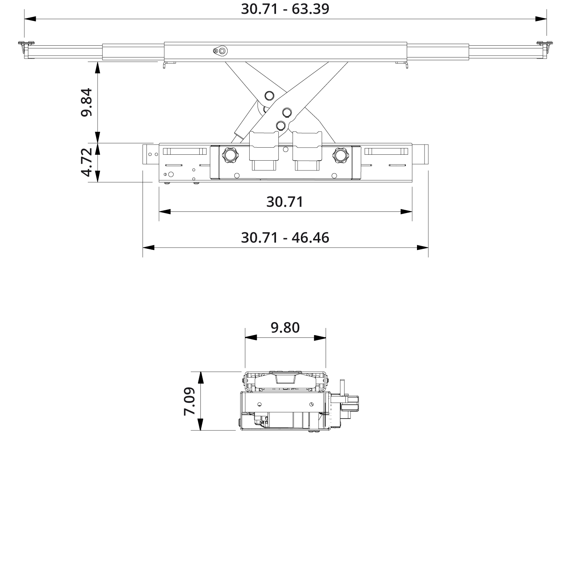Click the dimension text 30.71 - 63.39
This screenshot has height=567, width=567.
click(285, 9)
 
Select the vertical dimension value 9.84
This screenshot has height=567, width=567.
click(87, 102)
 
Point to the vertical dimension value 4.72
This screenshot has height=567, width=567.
click(87, 162)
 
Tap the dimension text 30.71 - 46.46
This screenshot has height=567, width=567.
click(285, 238)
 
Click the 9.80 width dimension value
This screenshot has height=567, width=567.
click(285, 327)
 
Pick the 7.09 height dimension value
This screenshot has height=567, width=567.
click(189, 401)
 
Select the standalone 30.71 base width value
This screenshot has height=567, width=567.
click(285, 202)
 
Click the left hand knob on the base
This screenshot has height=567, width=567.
click(230, 155)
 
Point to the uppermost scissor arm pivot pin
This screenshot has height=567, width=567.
click(270, 95)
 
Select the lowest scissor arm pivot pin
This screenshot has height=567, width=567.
click(280, 125)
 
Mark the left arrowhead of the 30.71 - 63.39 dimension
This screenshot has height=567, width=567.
click(30, 19)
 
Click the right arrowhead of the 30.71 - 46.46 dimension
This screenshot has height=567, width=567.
click(422, 248)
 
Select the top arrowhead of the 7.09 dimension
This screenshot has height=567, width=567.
click(200, 377)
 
